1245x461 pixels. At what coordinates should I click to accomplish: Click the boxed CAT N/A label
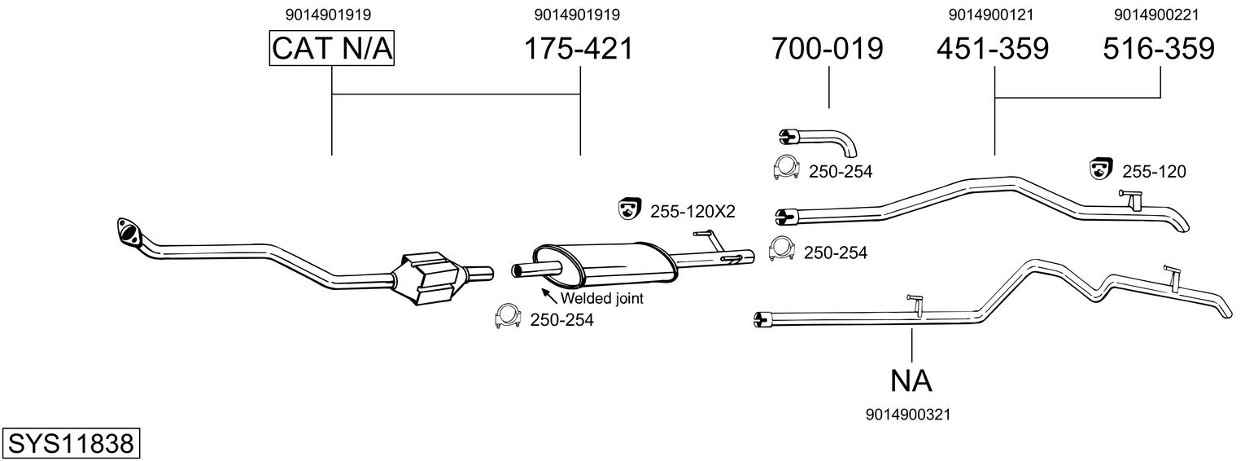point(332,49)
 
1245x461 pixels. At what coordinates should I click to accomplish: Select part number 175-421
point(578,49)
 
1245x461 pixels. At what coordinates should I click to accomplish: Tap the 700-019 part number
point(828,49)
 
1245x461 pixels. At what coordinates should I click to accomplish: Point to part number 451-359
point(993,49)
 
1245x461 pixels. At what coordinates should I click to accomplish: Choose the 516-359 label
point(1159,49)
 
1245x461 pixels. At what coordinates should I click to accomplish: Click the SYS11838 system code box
point(70,444)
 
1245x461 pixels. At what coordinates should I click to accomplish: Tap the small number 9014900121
point(993,14)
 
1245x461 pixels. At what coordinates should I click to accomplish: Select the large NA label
point(911,380)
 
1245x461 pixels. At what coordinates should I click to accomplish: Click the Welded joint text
point(601,298)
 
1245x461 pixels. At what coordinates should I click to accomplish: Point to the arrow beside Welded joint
point(548,294)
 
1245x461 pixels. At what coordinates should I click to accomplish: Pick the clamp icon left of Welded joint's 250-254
point(508,318)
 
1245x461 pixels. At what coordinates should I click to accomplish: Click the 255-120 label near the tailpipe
point(1154,172)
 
